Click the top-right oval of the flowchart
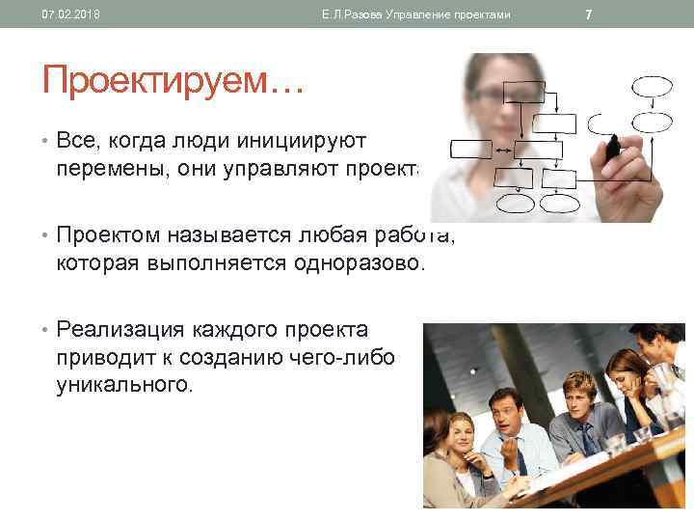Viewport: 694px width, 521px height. (651, 86)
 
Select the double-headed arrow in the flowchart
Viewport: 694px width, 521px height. (503, 150)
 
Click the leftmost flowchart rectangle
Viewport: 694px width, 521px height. (470, 149)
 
